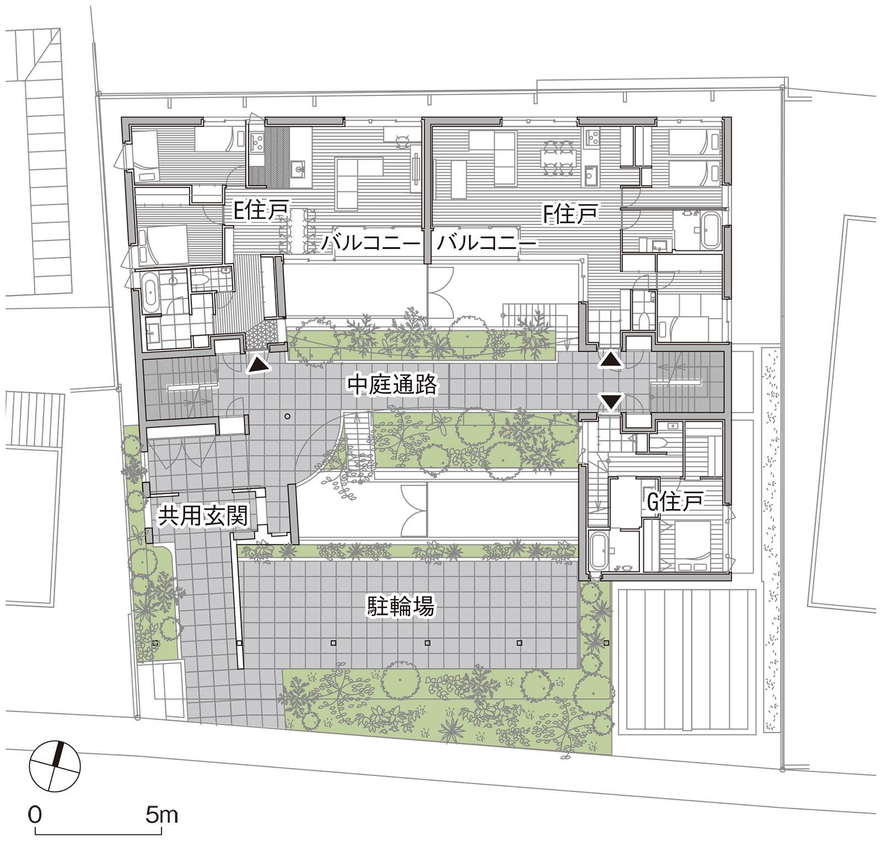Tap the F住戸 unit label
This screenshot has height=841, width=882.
point(571,214)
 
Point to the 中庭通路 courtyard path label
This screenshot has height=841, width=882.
point(392,385)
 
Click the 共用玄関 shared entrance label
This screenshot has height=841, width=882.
point(203,516)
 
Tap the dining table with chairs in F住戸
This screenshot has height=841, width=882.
point(558,158)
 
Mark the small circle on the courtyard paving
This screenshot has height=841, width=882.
point(288,416)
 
